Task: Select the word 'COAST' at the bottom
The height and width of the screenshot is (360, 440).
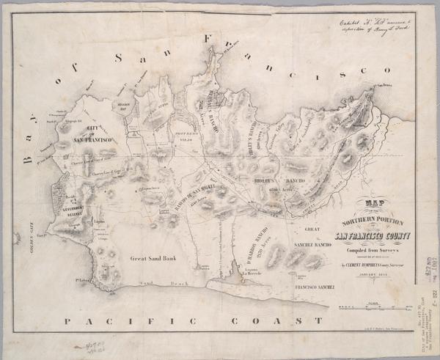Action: [275, 321]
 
